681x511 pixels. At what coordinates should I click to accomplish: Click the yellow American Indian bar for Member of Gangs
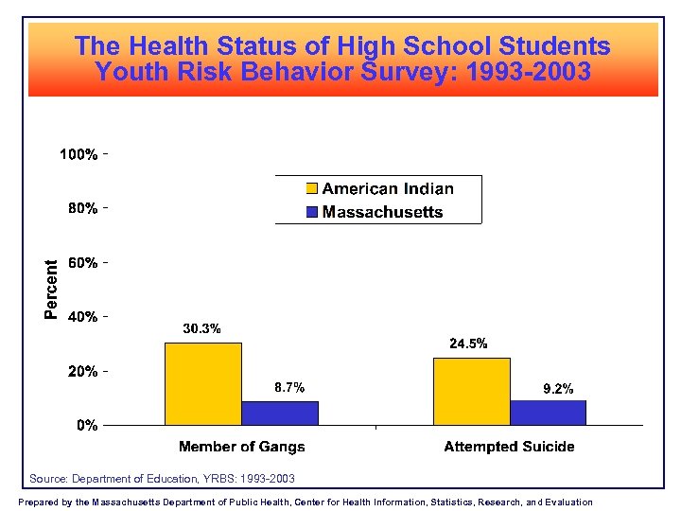[203, 383]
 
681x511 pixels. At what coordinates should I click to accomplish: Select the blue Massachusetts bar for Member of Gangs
[280, 414]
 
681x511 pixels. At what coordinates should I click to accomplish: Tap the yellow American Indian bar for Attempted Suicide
[471, 391]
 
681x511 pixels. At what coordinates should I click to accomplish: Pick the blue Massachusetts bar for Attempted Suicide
[548, 413]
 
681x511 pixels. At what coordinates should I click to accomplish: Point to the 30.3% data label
[201, 329]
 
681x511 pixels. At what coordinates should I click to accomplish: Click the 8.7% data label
[289, 387]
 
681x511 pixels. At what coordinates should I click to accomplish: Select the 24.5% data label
[468, 344]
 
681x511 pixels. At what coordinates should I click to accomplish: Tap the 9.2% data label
[557, 388]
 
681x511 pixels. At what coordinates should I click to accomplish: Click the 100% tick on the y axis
[79, 154]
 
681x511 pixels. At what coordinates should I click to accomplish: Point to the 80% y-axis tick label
[82, 208]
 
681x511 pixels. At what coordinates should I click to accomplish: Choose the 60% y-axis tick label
[82, 262]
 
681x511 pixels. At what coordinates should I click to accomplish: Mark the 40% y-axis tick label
[82, 317]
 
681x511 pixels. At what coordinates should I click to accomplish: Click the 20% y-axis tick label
[82, 372]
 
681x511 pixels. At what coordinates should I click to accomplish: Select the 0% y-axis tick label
[87, 426]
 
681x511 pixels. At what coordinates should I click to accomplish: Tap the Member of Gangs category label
[242, 447]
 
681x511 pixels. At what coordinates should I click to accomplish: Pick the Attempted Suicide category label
[509, 447]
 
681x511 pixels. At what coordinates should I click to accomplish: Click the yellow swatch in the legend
[312, 189]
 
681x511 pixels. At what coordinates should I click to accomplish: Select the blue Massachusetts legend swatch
[312, 212]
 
